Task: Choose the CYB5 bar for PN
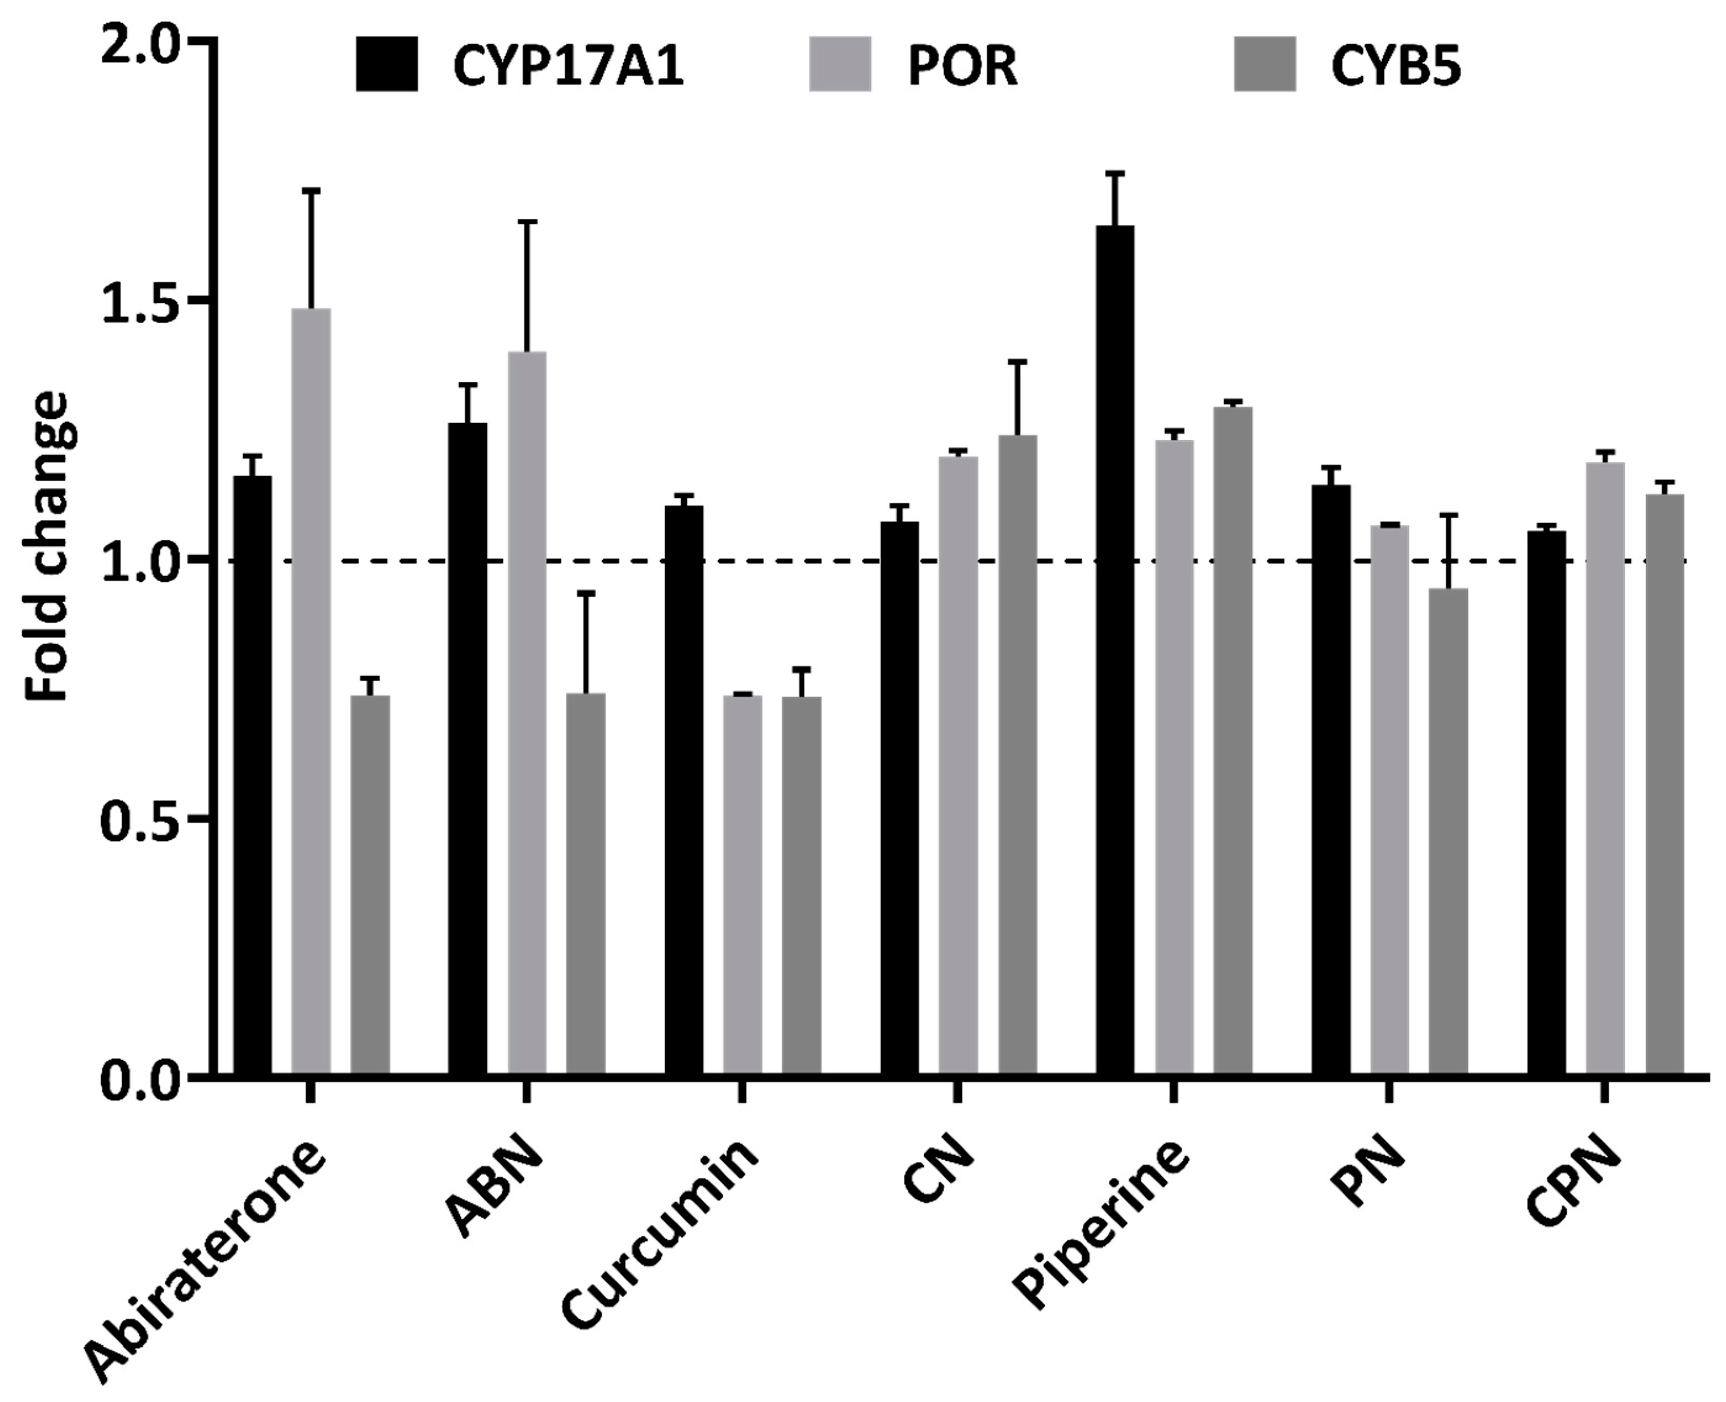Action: pos(1448,832)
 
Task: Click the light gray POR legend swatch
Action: pos(840,65)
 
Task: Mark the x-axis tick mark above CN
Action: pos(957,1090)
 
